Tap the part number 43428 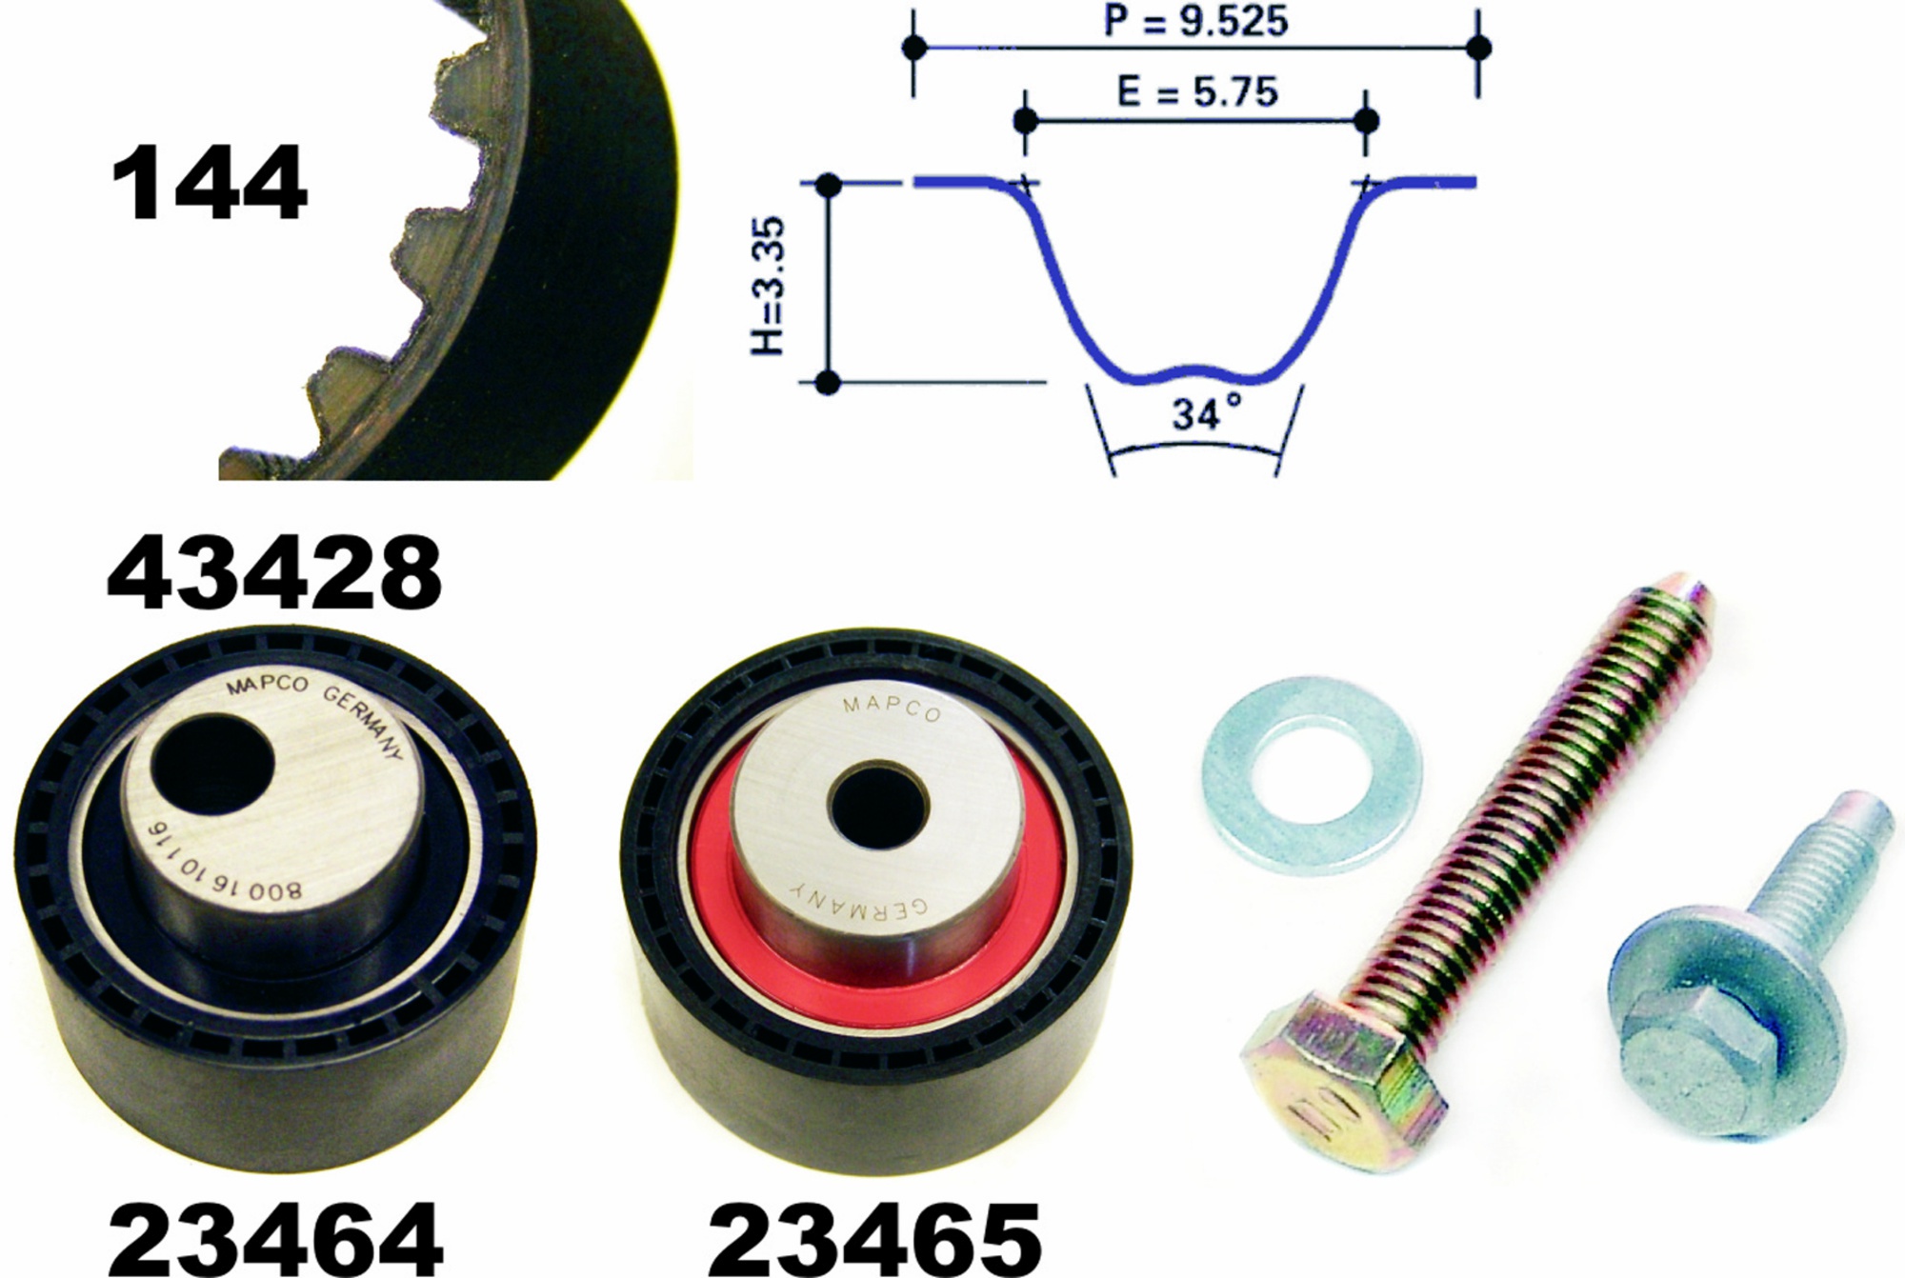275,573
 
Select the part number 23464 275,1238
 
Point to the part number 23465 874,1238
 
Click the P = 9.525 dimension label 1195,21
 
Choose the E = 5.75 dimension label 1196,92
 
